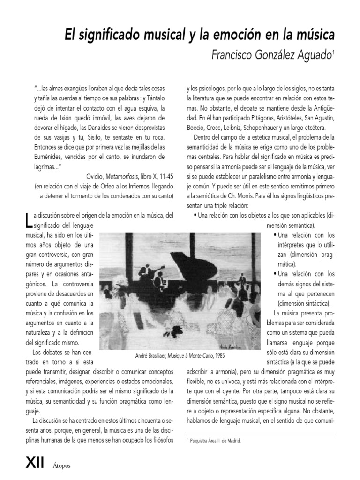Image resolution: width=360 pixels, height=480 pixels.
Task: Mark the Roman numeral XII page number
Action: point(35,464)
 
